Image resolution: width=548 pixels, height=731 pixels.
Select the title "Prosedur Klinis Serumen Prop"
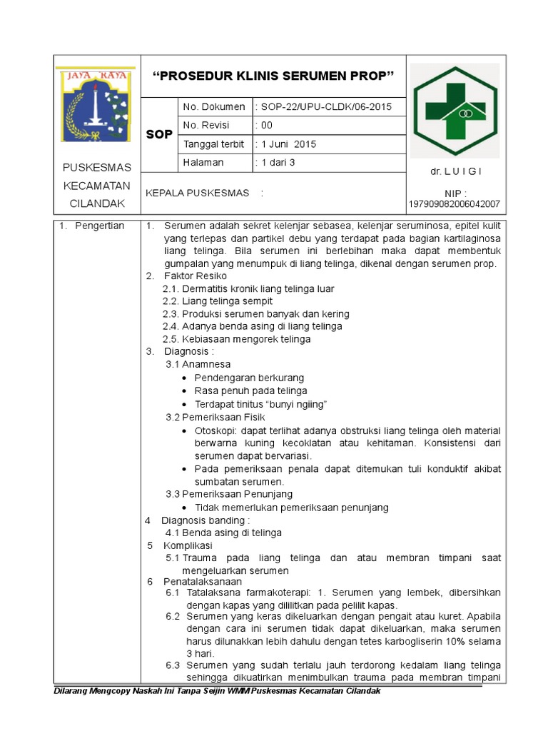click(274, 75)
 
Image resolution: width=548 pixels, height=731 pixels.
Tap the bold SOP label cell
click(159, 134)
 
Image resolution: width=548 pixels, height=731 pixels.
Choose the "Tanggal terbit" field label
click(212, 144)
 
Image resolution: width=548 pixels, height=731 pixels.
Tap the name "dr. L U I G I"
click(456, 171)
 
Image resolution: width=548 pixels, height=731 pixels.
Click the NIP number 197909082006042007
click(455, 204)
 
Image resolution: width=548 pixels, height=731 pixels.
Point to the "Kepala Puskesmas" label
click(198, 193)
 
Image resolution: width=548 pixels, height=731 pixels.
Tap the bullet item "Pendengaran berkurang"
click(249, 378)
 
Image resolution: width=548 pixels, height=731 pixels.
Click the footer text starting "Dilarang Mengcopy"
click(218, 691)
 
